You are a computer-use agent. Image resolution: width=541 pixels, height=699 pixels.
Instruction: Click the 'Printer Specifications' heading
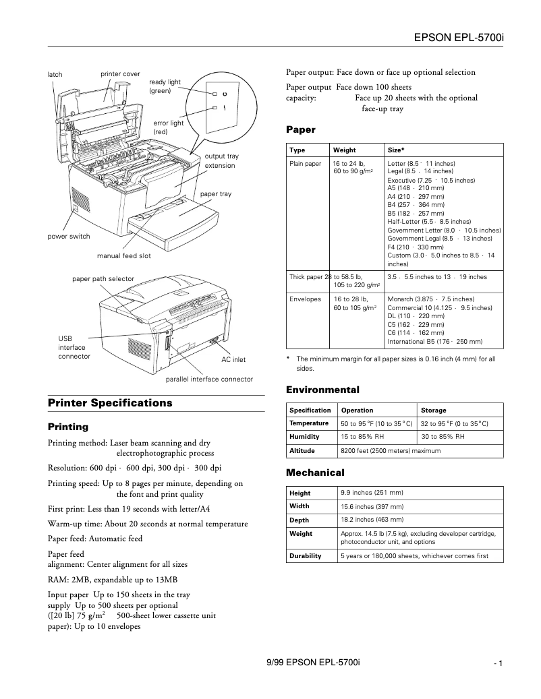coord(110,403)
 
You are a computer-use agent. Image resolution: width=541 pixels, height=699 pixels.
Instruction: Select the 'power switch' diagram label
coord(68,237)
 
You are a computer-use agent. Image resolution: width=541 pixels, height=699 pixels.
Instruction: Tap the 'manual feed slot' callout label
coord(123,256)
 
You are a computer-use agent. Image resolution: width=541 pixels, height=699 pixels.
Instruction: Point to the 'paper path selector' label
coord(103,279)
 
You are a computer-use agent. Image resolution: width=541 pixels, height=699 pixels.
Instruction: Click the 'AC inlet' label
coord(233,360)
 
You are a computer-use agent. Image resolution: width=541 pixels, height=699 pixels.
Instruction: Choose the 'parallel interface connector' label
coord(209,379)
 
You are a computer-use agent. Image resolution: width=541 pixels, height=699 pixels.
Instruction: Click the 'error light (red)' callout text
coord(168,127)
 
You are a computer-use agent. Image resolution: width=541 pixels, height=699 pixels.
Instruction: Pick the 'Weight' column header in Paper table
coord(344,150)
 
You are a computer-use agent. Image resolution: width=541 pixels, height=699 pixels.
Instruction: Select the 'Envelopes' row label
coord(305,299)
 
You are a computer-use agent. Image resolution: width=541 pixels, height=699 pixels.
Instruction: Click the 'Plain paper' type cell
coord(305,164)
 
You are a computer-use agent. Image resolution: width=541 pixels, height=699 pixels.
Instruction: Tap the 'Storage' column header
coord(433,410)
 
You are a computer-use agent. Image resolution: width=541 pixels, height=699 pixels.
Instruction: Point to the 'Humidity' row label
coord(304,437)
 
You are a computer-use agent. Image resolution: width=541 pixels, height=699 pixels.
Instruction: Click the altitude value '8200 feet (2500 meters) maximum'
coord(391,450)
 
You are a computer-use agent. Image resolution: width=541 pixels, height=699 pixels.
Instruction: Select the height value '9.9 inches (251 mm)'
coord(372,493)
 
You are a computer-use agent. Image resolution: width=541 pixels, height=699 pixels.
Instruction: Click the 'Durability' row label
coord(305,556)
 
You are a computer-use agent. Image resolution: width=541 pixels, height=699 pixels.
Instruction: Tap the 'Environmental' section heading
coord(322,390)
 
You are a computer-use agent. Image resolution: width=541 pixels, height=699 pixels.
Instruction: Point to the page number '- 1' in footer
coord(499,664)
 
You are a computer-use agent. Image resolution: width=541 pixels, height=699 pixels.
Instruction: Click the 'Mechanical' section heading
coord(315,473)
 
